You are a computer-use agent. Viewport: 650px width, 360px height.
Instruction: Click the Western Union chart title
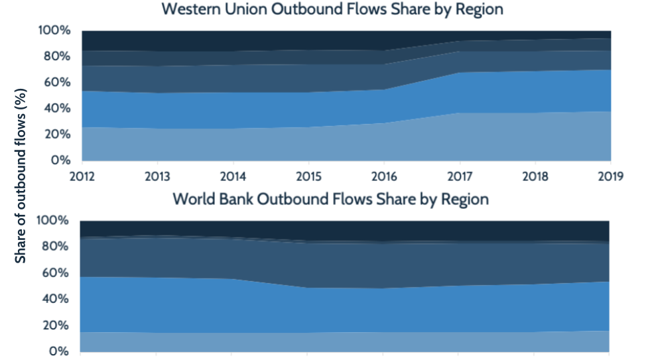tap(332, 9)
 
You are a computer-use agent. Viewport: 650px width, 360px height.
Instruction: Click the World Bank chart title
tap(331, 200)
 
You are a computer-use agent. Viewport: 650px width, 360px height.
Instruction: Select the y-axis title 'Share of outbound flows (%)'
tap(21, 176)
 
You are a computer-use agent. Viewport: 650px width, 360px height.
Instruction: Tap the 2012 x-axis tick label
tap(82, 176)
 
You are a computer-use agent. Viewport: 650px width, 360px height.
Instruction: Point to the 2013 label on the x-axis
tap(158, 176)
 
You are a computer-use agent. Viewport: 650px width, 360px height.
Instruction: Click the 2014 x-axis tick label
tap(233, 176)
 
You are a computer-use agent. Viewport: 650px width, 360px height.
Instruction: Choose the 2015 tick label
tap(309, 176)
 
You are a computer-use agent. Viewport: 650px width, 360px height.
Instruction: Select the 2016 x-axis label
tap(384, 176)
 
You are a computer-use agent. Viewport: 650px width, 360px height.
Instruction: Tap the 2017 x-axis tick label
tap(460, 176)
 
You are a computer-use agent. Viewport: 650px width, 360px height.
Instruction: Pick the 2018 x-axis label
tap(535, 176)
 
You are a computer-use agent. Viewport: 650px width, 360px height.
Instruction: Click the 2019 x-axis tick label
tap(611, 176)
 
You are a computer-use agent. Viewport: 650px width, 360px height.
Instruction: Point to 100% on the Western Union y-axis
tap(54, 30)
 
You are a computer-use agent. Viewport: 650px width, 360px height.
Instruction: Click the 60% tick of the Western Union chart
tap(57, 82)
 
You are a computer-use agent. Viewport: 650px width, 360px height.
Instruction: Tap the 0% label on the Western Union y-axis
tap(60, 160)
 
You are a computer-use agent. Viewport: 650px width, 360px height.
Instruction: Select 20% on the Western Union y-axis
tap(57, 134)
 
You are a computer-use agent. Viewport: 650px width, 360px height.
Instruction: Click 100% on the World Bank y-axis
tap(52, 220)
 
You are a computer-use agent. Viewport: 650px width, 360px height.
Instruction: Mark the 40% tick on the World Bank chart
tap(55, 299)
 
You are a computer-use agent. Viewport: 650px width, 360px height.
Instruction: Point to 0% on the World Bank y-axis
tap(58, 351)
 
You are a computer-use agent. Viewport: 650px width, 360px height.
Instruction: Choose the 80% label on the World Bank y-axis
tap(55, 246)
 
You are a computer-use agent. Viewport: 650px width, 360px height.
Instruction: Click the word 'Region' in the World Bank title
tap(465, 200)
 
